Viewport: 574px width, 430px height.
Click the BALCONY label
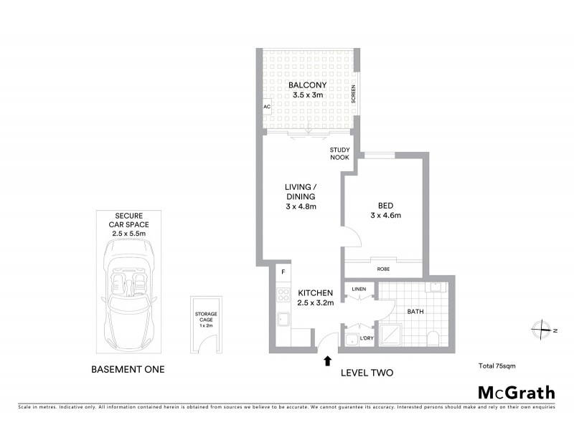(308, 85)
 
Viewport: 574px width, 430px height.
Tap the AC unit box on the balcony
(266, 107)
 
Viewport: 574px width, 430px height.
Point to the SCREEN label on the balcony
(353, 95)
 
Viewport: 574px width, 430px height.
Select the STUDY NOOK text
(339, 153)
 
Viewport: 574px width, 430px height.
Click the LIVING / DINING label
(300, 196)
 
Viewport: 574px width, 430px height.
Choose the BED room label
(385, 209)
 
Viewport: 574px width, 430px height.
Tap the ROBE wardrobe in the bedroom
(384, 269)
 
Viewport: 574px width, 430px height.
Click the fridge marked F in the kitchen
(283, 272)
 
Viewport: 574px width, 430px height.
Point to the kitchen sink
(283, 318)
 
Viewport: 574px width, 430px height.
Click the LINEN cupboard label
(359, 289)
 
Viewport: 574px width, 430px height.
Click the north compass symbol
(540, 330)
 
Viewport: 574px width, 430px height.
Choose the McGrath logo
(516, 392)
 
